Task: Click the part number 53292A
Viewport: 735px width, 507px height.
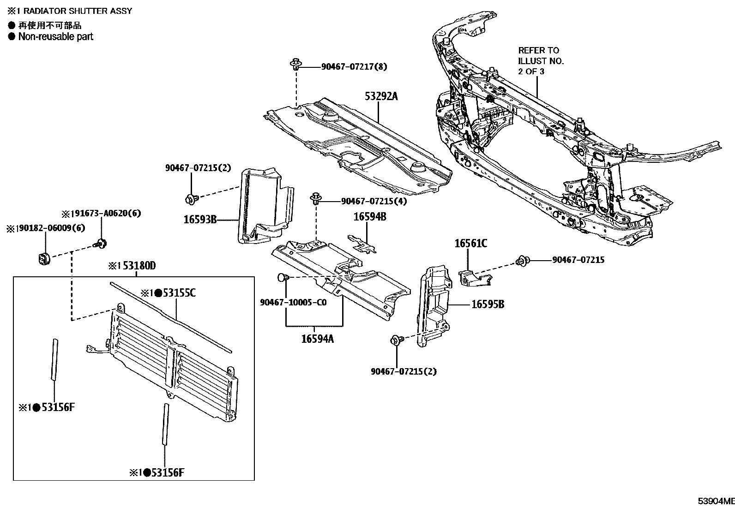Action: [381, 96]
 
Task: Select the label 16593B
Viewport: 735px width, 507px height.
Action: [200, 220]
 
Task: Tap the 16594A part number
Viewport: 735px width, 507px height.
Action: [317, 339]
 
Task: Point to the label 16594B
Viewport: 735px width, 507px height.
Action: [370, 217]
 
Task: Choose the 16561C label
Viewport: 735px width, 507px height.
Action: [470, 244]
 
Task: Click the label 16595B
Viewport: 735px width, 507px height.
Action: [488, 304]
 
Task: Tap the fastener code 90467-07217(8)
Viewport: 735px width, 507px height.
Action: [354, 67]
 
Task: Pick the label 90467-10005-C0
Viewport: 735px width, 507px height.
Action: [293, 303]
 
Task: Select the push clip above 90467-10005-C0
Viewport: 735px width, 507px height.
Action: [283, 278]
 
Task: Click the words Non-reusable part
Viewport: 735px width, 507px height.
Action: [55, 37]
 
